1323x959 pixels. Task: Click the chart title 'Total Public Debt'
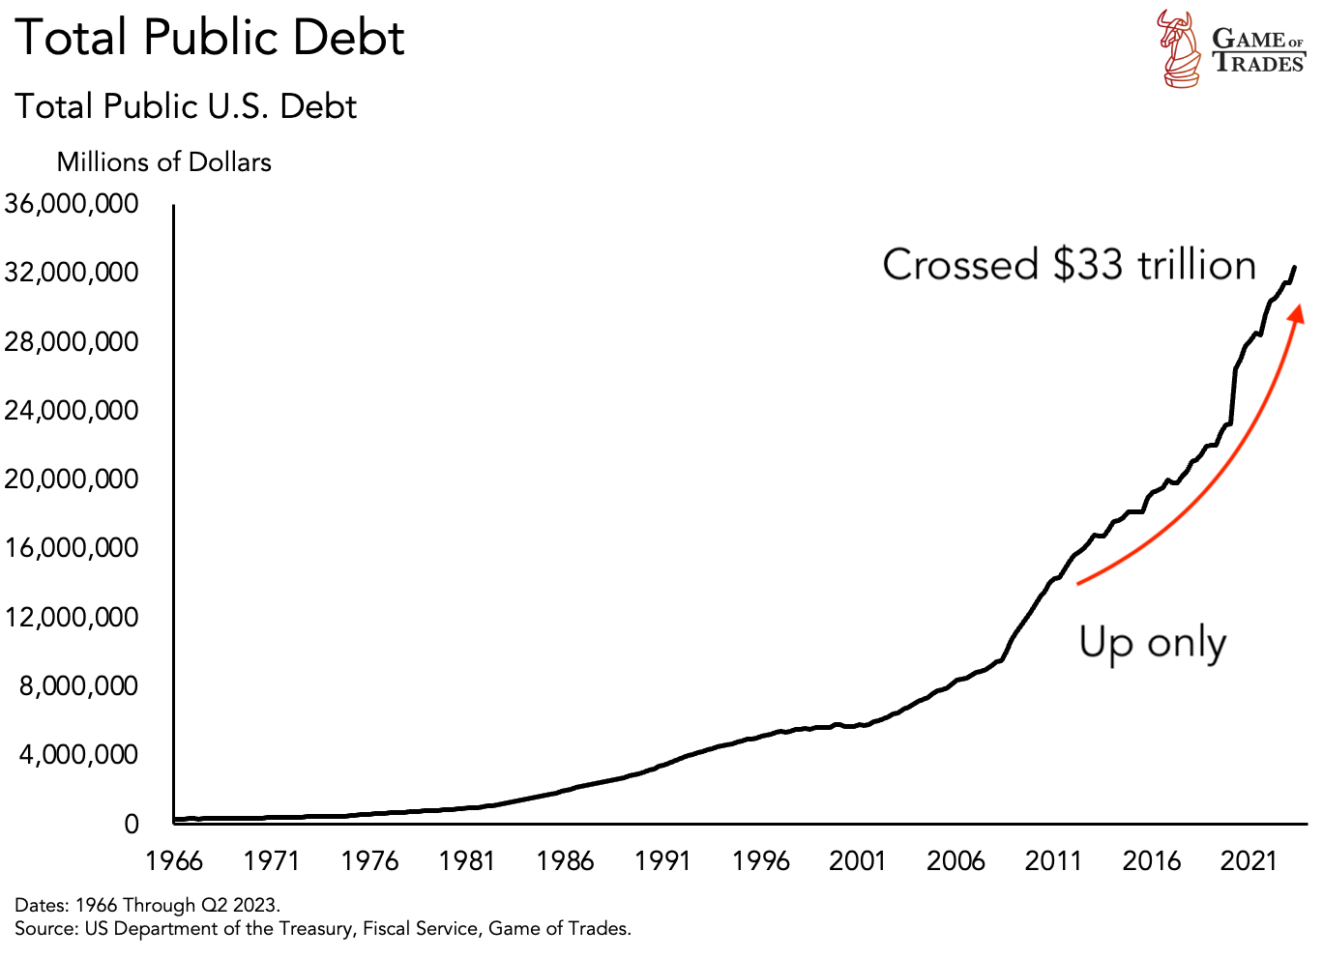tap(210, 39)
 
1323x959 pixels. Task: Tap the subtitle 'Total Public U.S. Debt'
tap(186, 106)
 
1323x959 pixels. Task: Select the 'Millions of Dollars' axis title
tap(163, 161)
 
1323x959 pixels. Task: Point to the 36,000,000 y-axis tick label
tap(72, 204)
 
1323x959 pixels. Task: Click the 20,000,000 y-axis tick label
tap(72, 479)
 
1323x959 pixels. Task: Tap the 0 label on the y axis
tap(132, 825)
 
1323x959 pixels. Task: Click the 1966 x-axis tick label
tap(174, 860)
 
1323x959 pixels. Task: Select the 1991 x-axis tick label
tap(662, 860)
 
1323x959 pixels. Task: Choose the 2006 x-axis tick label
tap(955, 860)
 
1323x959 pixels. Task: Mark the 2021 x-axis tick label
tap(1249, 860)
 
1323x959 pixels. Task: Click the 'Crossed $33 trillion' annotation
tap(1069, 265)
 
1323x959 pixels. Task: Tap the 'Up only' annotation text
tap(1152, 643)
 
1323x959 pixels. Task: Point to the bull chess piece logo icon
tap(1180, 48)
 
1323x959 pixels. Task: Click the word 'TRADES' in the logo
tap(1258, 64)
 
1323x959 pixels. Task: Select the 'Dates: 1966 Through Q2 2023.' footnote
tap(147, 906)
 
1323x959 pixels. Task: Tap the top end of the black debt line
tap(1294, 267)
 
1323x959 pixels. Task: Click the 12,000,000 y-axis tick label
tap(72, 617)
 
